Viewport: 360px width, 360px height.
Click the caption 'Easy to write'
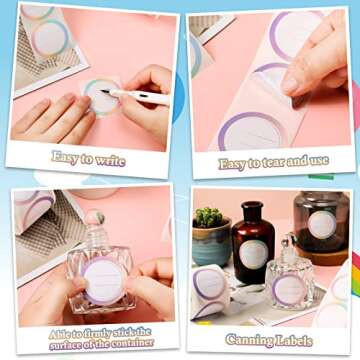click(x=88, y=158)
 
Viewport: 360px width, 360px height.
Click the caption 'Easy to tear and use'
click(x=273, y=162)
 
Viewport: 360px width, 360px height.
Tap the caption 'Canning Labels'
click(x=269, y=340)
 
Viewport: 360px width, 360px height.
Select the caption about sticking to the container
click(x=101, y=339)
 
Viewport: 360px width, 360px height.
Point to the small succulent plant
click(x=209, y=217)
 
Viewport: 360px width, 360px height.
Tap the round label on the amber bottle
click(x=253, y=255)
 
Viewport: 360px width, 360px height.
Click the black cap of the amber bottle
click(x=252, y=209)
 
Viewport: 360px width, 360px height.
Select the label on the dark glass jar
click(x=322, y=224)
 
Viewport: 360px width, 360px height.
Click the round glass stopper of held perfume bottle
click(x=94, y=217)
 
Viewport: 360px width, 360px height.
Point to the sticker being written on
click(x=101, y=97)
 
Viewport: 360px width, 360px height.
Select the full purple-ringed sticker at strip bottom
click(x=252, y=131)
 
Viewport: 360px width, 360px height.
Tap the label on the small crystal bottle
click(x=289, y=289)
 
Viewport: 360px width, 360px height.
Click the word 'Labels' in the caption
click(x=294, y=341)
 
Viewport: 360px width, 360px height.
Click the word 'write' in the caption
click(x=110, y=160)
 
